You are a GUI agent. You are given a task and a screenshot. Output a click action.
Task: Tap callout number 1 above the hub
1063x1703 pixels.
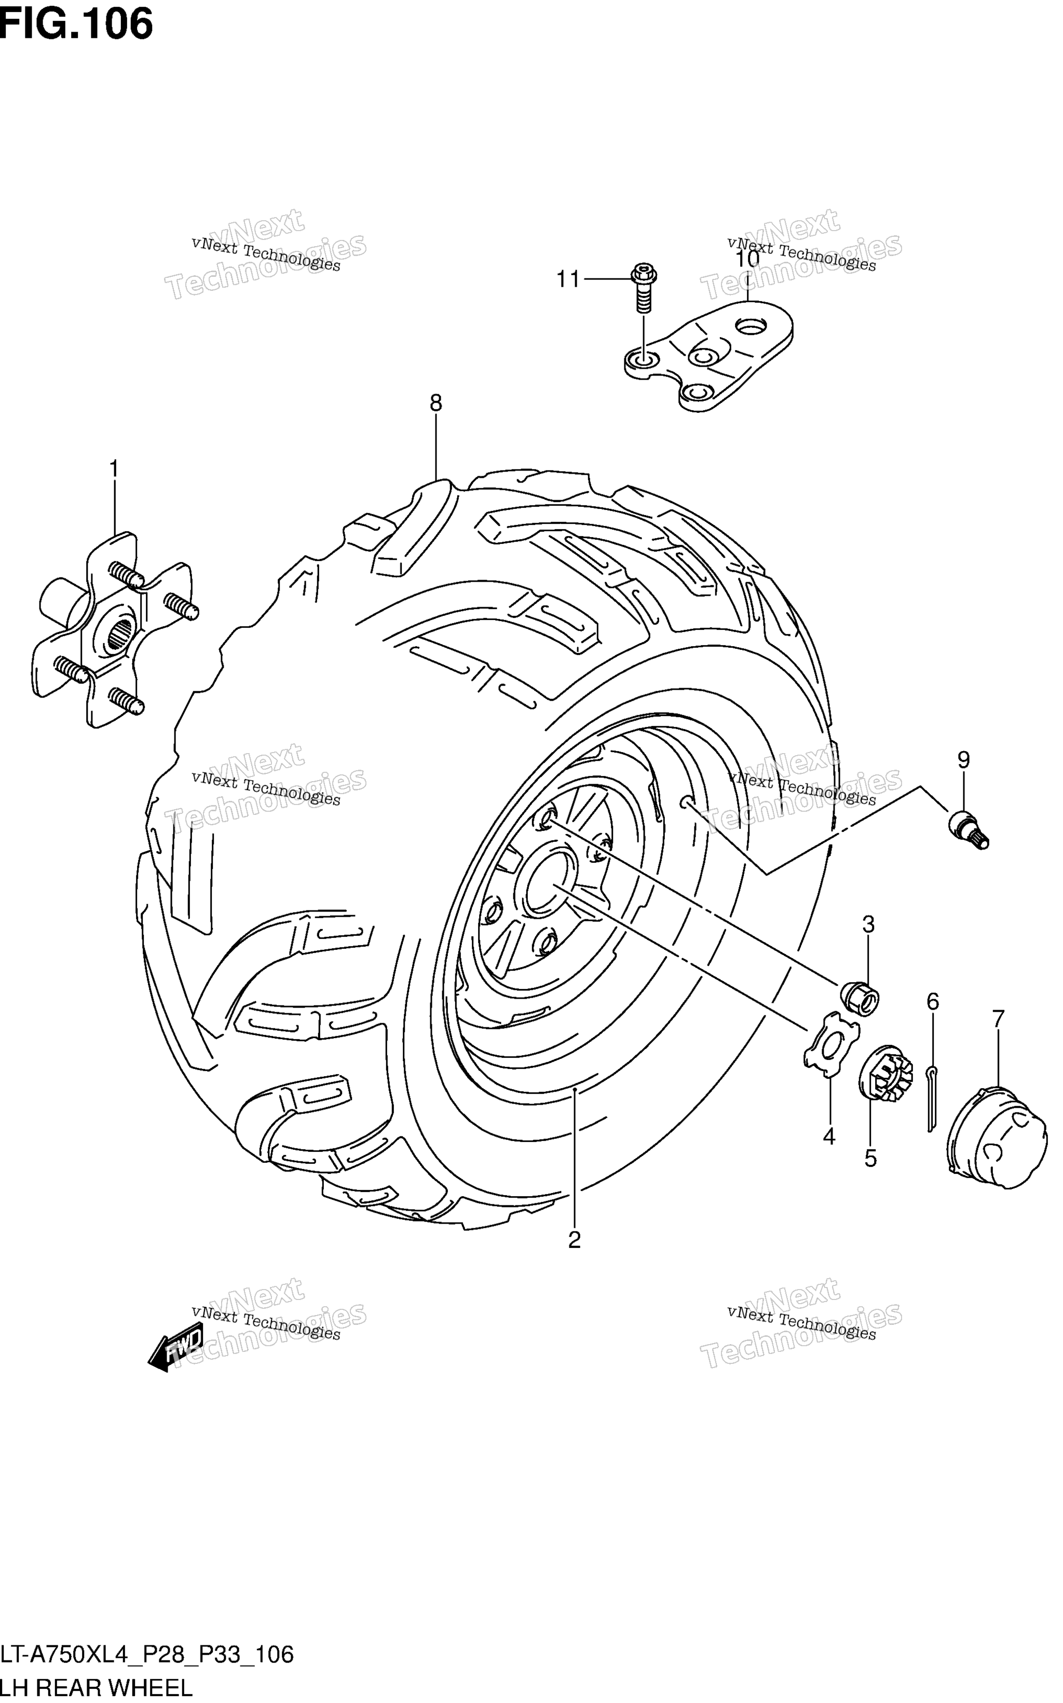(113, 469)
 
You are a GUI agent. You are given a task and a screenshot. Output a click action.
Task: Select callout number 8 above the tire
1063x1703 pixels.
(436, 403)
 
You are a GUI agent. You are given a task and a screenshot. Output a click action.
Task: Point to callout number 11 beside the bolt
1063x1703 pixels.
(568, 280)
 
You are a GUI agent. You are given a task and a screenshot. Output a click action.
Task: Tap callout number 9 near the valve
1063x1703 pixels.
(963, 760)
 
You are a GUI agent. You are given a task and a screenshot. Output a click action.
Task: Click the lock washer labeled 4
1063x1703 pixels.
(832, 1044)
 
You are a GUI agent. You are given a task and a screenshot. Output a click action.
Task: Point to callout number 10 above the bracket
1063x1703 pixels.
(748, 259)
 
